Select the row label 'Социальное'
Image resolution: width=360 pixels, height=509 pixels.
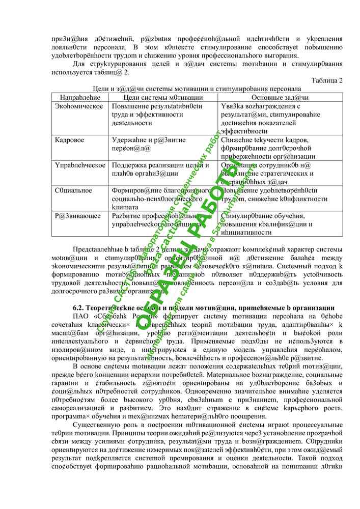tap(74, 190)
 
